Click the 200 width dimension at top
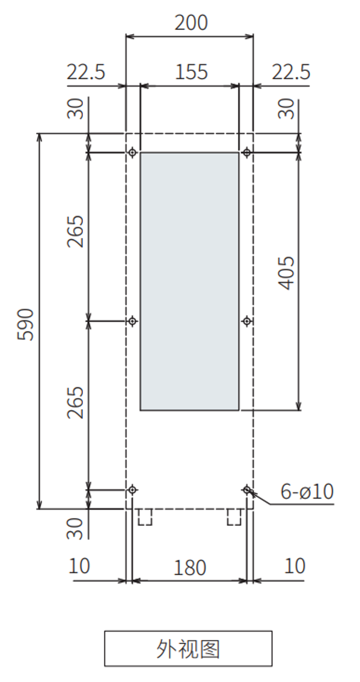pos(191,23)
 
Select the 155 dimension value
pos(191,72)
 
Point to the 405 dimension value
pos(286,273)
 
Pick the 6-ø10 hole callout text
pos(307,491)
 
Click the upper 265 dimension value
pos(75,231)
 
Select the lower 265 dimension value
pos(75,402)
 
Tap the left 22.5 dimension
pos(86,72)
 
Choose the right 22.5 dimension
pos(291,72)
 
